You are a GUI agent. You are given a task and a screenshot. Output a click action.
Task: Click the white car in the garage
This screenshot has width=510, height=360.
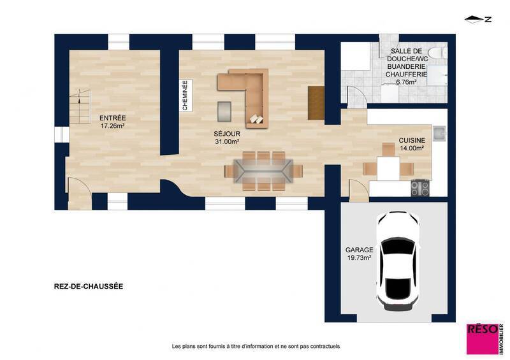pos(398,258)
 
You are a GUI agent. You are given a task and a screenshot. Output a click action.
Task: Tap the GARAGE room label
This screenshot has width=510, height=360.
pos(358,250)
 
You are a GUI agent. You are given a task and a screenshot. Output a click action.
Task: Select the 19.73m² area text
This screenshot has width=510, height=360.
pos(358,258)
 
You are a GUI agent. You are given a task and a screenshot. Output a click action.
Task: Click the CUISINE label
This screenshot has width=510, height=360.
pos(411,140)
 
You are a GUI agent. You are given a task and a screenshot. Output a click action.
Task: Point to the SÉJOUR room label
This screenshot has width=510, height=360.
pos(226,134)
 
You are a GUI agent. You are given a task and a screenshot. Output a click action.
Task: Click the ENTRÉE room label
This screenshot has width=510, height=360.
pos(112,118)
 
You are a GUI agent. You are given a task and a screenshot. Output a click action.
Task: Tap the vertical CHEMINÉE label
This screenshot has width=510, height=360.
pos(185,96)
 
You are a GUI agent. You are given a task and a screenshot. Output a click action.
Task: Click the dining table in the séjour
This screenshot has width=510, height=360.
pos(263,171)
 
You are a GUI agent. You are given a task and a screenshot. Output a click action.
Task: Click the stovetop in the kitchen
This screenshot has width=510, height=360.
pos(419,188)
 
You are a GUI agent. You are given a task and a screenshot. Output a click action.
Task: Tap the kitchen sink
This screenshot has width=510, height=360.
pos(439,133)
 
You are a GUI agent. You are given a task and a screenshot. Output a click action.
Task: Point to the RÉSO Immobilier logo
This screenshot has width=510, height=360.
pos(484,338)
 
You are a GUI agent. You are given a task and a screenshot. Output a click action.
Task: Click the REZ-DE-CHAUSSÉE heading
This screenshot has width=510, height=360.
pos(89,287)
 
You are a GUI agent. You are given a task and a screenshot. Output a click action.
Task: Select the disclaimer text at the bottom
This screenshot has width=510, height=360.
pos(256,346)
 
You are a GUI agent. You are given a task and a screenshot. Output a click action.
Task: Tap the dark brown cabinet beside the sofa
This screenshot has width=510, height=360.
pos(316,102)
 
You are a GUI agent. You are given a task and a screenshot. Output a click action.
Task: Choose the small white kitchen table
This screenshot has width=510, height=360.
pos(388,168)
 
